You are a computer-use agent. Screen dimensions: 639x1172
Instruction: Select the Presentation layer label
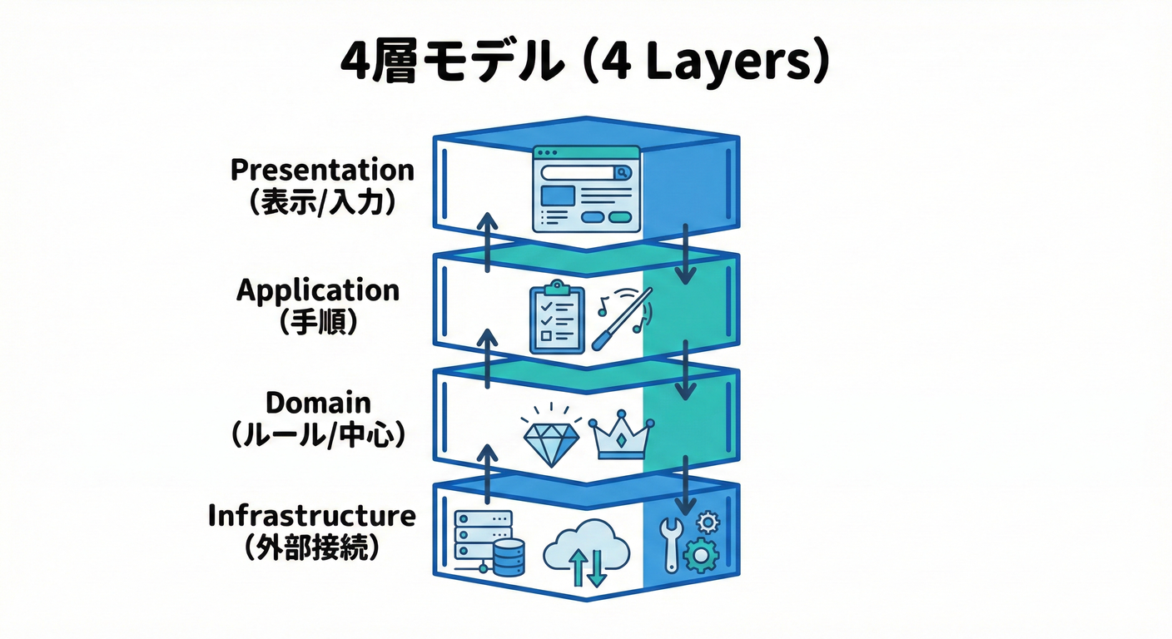click(x=322, y=171)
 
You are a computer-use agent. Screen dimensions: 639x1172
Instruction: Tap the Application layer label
click(x=318, y=290)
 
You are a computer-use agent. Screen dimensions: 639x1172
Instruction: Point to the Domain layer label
click(x=318, y=403)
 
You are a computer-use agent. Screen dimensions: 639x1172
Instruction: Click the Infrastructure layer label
click(x=311, y=515)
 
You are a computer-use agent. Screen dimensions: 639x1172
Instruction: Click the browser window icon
click(x=586, y=189)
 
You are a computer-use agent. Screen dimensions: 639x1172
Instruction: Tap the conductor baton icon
click(x=623, y=318)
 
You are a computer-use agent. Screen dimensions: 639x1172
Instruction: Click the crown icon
click(x=621, y=436)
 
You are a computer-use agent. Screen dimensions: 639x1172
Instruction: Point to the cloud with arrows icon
click(x=586, y=551)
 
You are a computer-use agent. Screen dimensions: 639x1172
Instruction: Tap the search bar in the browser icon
click(x=586, y=172)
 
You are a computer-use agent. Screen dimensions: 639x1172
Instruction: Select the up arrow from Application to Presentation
click(x=489, y=242)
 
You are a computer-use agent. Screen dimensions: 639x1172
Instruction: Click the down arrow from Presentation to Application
click(x=685, y=251)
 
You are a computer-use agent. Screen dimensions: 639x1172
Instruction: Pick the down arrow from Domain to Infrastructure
click(x=685, y=484)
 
